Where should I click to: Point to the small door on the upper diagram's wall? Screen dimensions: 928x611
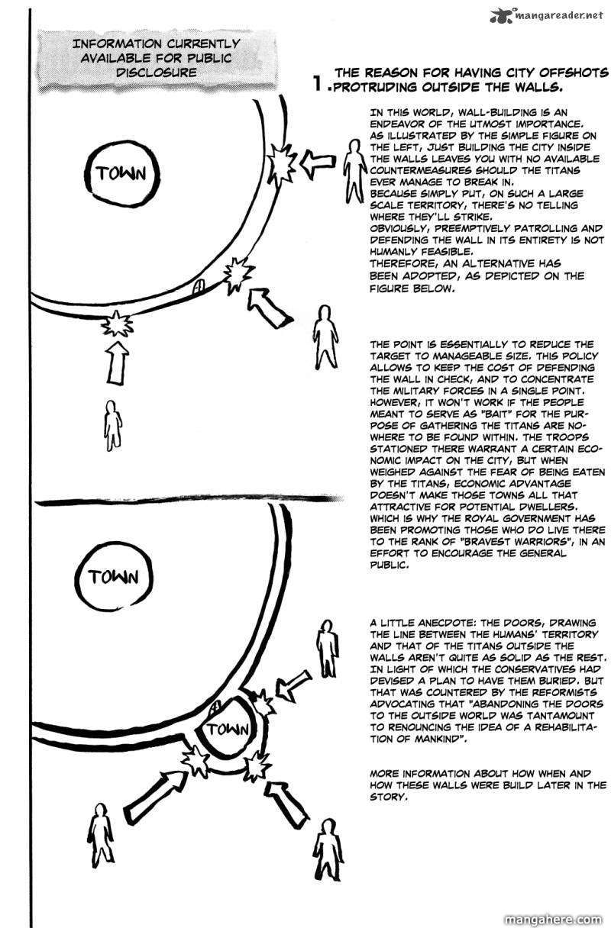(x=198, y=287)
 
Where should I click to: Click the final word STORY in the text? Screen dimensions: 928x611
(x=388, y=795)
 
